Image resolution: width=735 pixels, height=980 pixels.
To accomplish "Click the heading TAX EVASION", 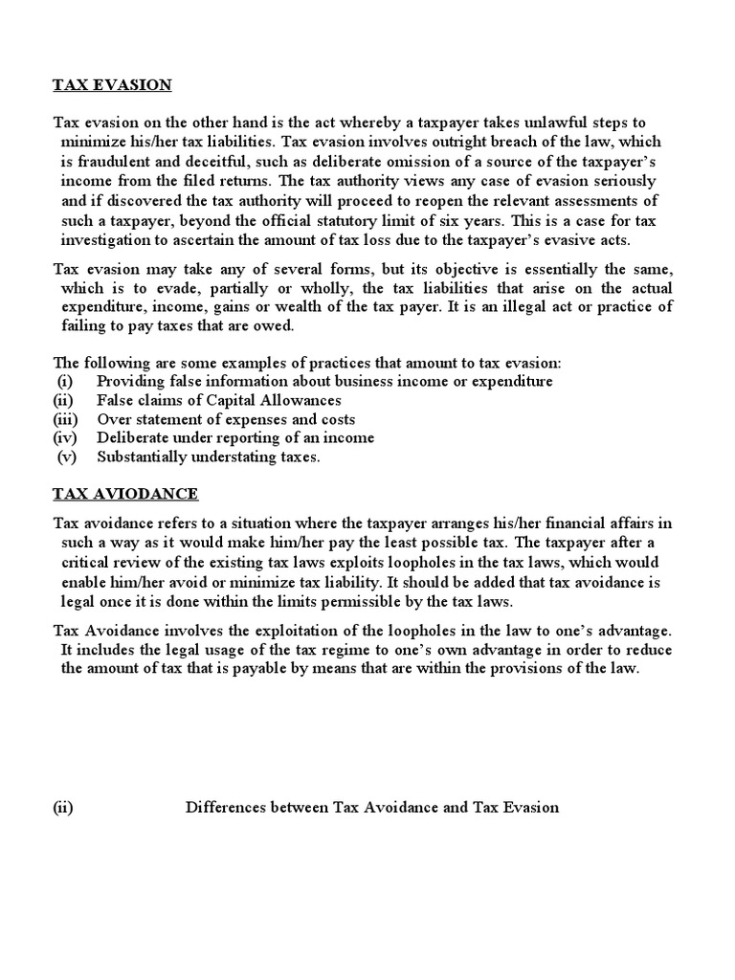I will [112, 85].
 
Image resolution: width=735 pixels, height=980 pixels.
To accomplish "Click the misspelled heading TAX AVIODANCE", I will [125, 494].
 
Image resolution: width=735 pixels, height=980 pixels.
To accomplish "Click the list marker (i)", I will [65, 381].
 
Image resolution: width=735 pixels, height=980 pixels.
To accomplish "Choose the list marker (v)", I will [67, 457].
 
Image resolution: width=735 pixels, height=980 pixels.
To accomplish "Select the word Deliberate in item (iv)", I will [131, 438].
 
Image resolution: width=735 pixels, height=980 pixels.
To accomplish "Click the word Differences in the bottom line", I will [222, 808].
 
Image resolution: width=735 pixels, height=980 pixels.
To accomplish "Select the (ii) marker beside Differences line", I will [63, 808].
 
